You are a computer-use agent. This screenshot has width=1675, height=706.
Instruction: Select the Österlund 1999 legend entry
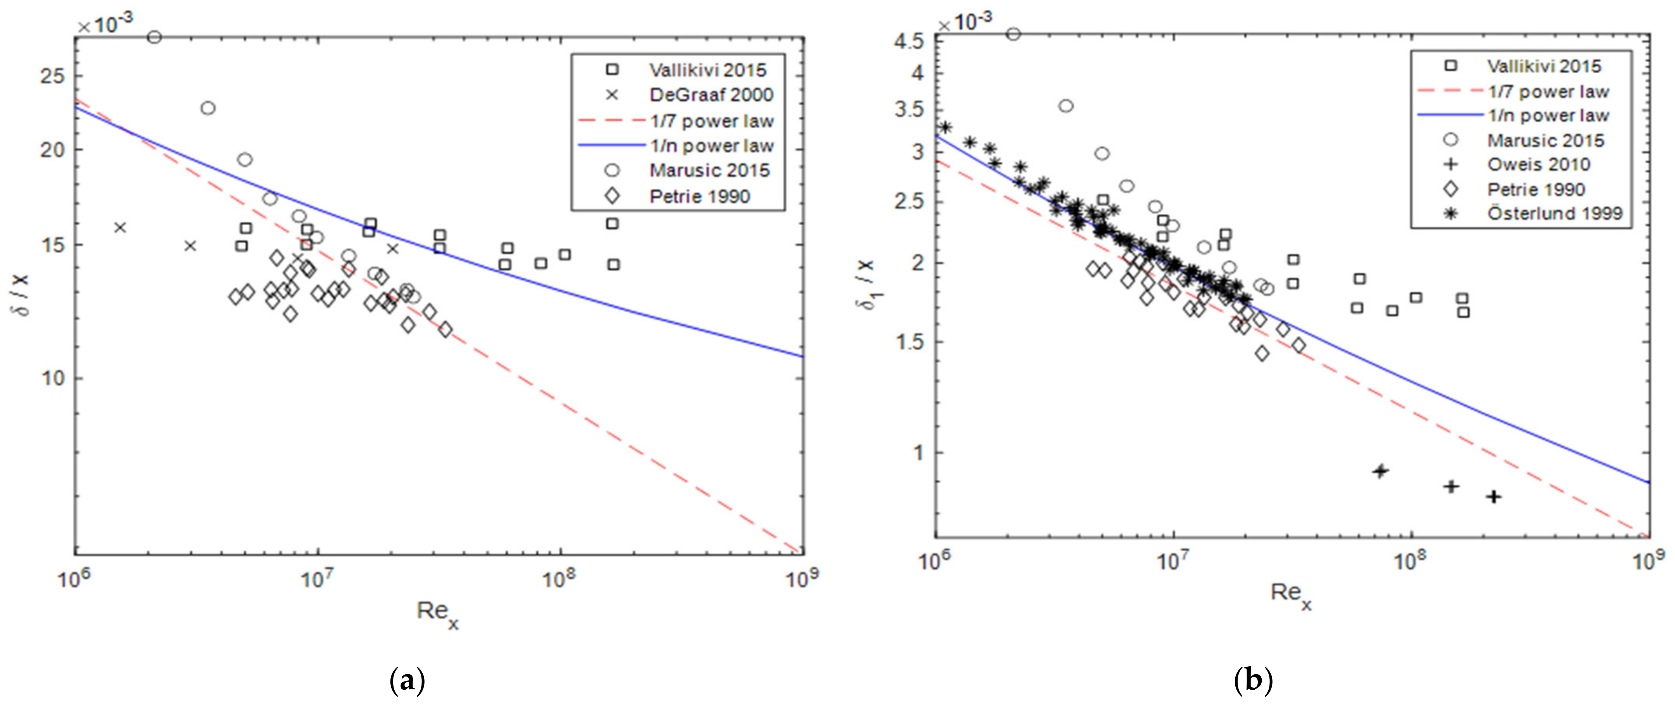(1554, 213)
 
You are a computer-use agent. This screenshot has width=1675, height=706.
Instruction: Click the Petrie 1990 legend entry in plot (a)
(699, 196)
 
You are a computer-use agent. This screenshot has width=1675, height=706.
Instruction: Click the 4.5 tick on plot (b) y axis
(909, 42)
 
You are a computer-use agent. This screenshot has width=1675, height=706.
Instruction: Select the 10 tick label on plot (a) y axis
(53, 378)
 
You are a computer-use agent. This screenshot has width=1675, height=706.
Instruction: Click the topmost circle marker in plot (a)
(154, 37)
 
